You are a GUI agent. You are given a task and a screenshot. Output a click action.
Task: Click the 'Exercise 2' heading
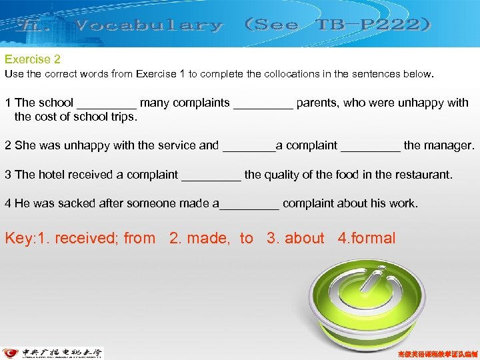click(33, 60)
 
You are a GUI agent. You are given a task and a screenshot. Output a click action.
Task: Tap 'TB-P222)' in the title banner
click(373, 25)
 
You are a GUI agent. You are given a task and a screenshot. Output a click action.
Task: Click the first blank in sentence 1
click(107, 104)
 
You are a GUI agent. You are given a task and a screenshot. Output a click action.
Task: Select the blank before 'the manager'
click(371, 146)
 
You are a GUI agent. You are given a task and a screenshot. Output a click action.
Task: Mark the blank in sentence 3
click(211, 175)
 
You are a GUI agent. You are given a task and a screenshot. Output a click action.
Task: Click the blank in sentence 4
click(249, 204)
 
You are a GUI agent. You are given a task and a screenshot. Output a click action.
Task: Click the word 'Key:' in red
click(21, 238)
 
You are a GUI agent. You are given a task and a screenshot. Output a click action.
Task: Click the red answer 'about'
click(304, 238)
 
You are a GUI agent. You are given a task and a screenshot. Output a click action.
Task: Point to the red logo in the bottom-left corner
click(11, 353)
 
